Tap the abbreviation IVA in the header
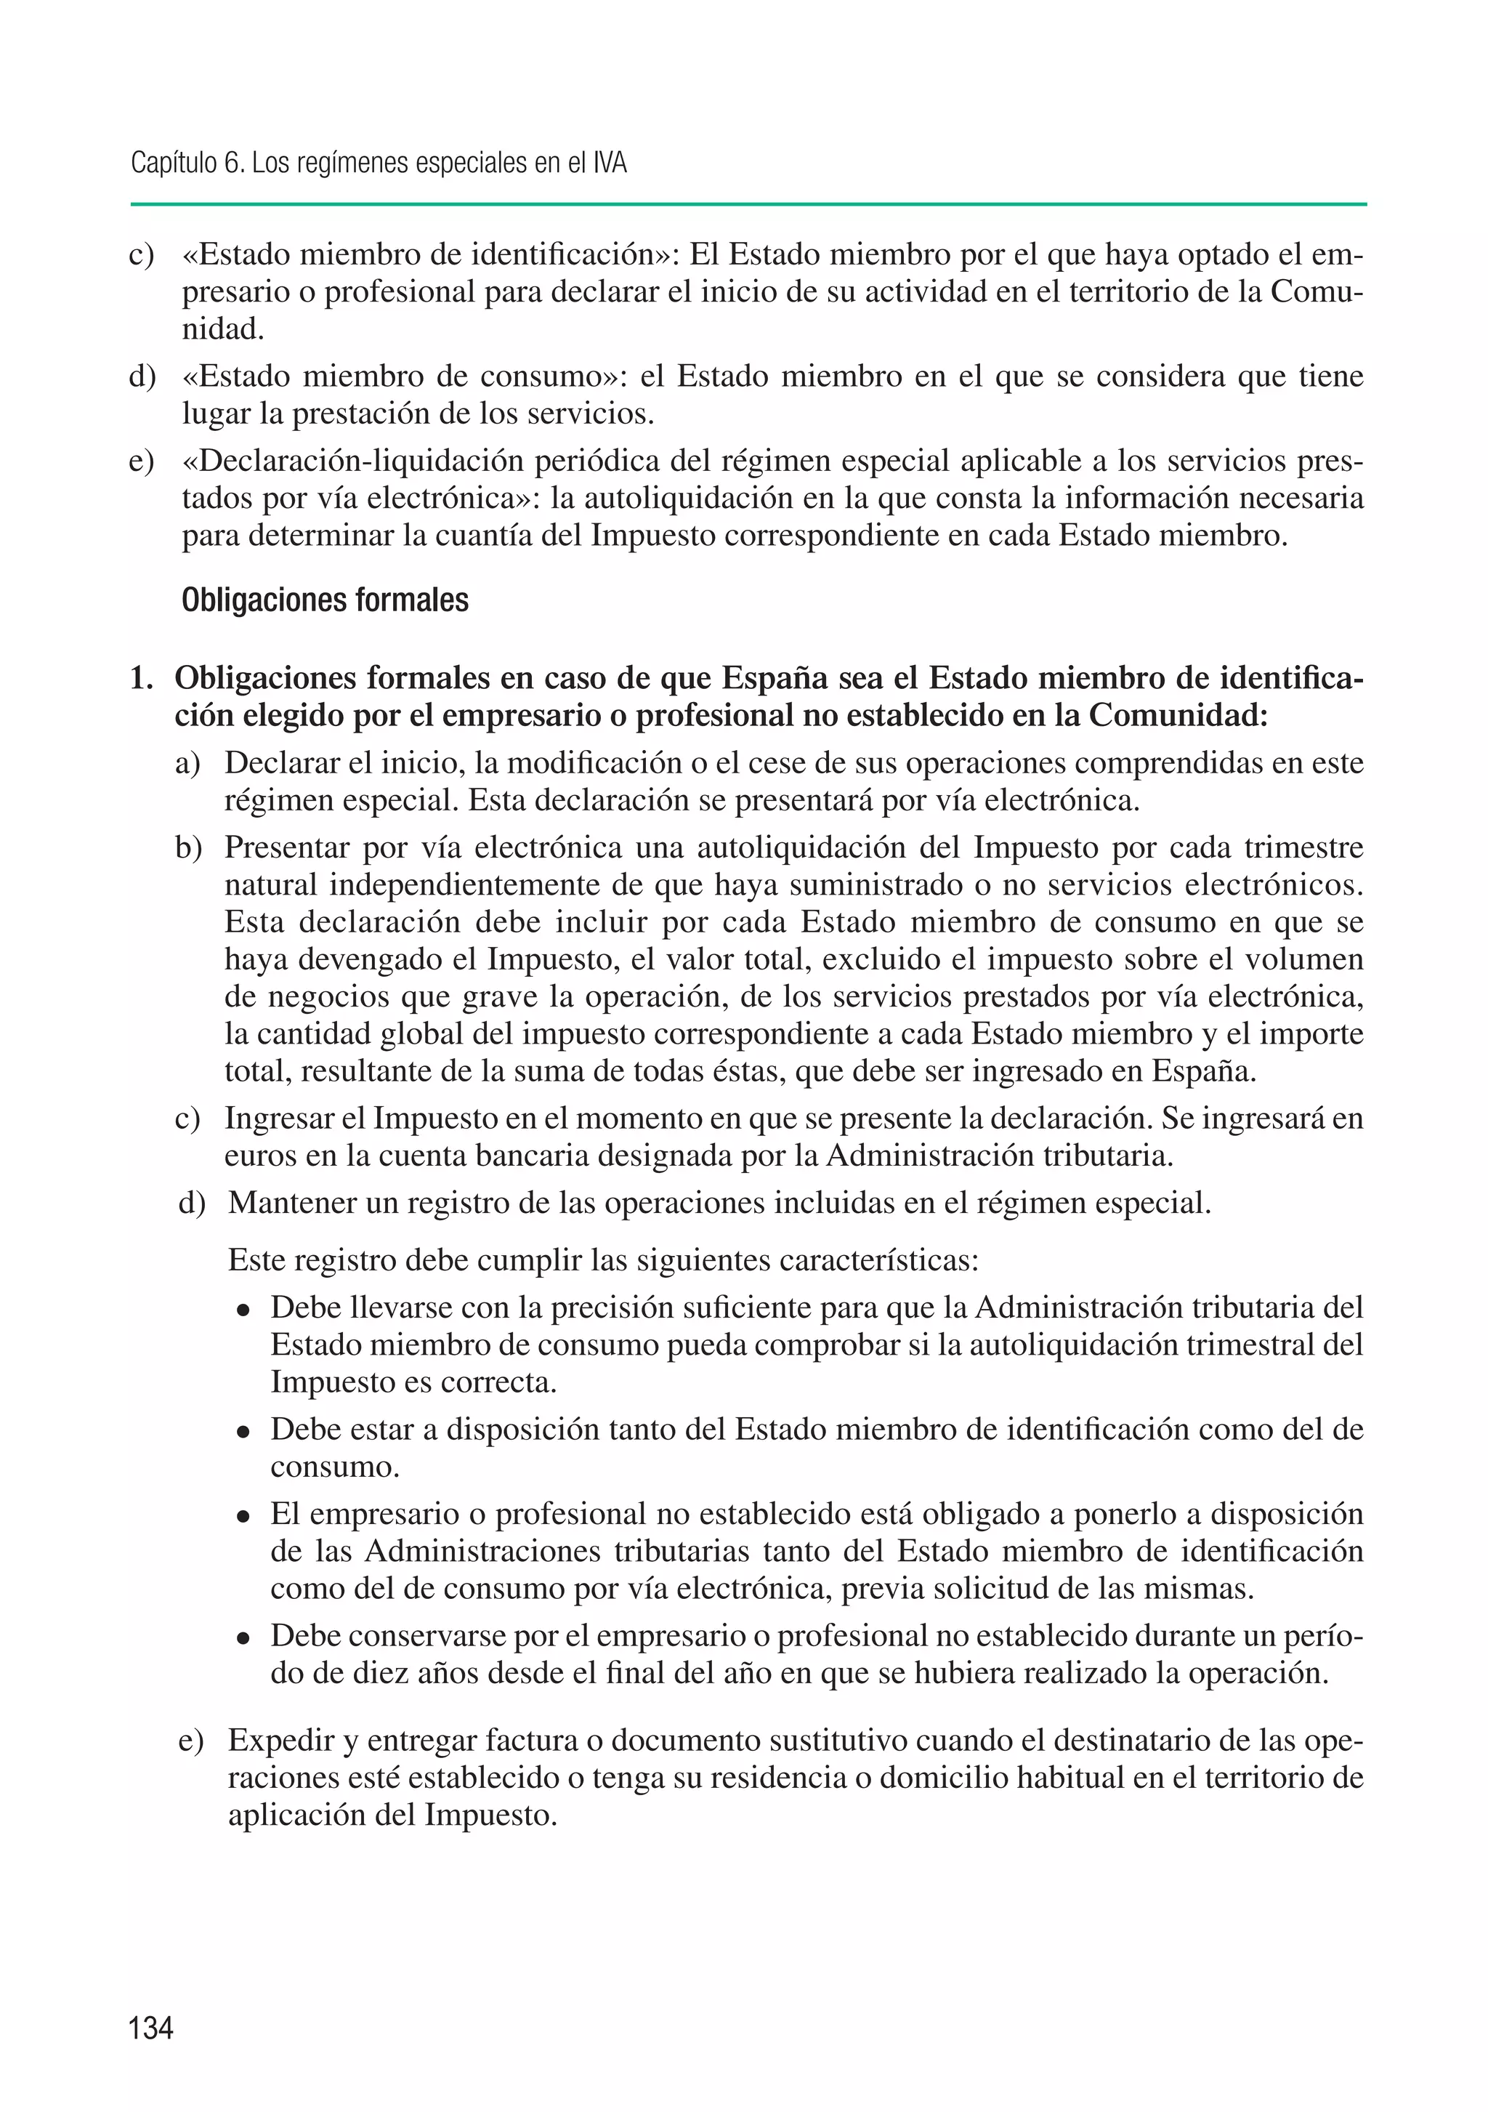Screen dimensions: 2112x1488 pyautogui.click(x=609, y=164)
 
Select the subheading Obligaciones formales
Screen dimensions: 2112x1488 pyautogui.click(x=325, y=600)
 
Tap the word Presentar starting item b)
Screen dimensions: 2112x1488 pyautogui.click(x=287, y=847)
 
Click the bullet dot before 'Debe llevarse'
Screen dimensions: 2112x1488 pyautogui.click(x=243, y=1310)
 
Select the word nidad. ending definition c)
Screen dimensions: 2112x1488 pyautogui.click(x=224, y=329)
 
